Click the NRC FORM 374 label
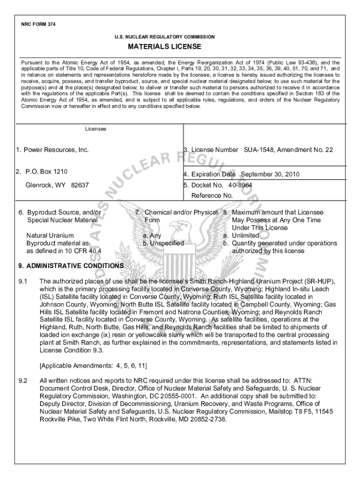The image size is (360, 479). pos(38,24)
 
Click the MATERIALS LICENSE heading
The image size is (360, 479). pos(165,47)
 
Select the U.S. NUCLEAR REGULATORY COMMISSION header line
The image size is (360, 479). pos(165,36)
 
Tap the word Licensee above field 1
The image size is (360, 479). pos(95,128)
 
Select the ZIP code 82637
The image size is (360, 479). pos(80,185)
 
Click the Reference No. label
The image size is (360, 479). pos(212,196)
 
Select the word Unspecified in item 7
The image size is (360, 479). pos(166,243)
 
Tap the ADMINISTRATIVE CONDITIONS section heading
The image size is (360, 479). pos(71,266)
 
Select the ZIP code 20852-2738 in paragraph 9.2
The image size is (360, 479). pos(205,419)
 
